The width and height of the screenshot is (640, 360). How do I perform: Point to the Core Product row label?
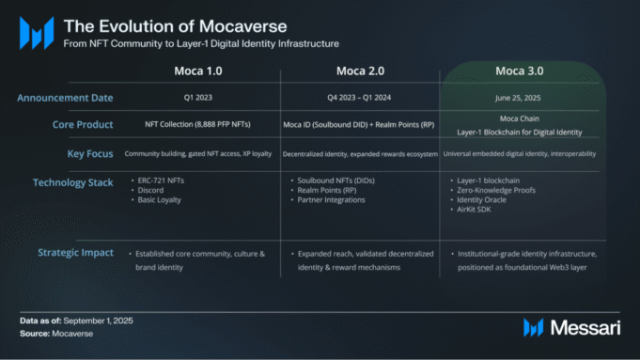coord(83,125)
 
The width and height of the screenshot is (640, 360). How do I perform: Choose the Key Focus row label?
coord(92,153)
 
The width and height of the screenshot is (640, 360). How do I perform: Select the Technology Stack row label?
coord(72,182)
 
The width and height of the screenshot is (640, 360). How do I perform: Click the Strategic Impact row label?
coord(75,252)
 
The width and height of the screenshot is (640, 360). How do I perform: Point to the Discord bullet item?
coord(151,189)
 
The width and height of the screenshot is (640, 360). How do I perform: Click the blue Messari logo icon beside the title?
coord(36,33)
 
